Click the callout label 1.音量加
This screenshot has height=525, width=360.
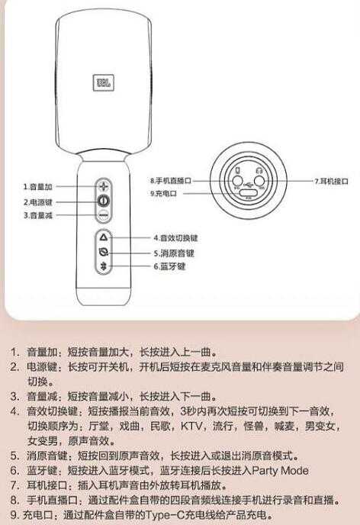coord(37,186)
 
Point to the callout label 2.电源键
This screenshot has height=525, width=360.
coord(37,201)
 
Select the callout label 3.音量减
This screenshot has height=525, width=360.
coord(37,215)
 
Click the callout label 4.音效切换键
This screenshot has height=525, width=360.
coord(175,238)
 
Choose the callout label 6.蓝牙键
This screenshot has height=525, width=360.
coord(169,267)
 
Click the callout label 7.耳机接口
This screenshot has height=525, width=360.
coord(331,181)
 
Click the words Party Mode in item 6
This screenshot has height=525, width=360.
coord(279,471)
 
